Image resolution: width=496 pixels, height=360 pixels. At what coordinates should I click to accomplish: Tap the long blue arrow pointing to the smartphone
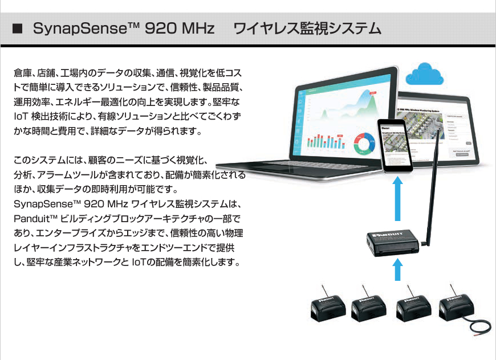(x=399, y=199)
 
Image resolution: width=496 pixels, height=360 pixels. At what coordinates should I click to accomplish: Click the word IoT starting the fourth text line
(x=21, y=117)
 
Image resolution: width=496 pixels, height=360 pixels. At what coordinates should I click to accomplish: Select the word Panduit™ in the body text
(x=35, y=219)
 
